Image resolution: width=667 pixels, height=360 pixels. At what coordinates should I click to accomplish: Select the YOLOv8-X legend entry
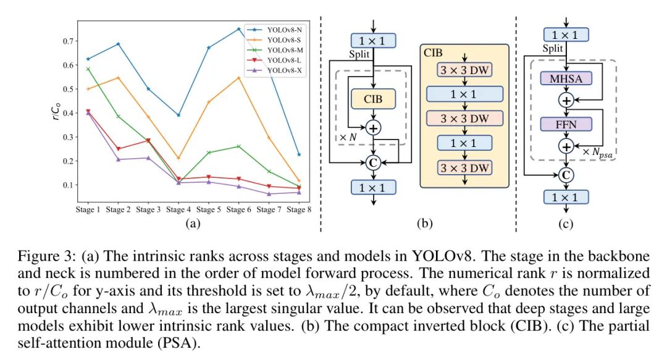point(283,71)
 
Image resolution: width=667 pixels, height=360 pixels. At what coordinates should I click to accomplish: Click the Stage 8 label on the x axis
point(300,210)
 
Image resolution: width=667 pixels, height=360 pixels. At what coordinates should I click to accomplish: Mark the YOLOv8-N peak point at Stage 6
point(238,28)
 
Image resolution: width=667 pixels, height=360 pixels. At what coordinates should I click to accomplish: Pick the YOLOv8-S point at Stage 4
point(178,159)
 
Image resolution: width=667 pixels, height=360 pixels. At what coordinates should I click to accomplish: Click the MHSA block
point(566,78)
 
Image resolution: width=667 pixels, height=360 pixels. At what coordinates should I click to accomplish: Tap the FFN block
point(566,123)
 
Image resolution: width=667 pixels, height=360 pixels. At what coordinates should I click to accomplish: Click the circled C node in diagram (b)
point(372,162)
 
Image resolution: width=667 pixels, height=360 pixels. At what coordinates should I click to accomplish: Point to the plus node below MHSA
point(566,100)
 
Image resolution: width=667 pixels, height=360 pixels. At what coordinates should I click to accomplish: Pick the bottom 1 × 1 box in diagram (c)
point(566,197)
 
